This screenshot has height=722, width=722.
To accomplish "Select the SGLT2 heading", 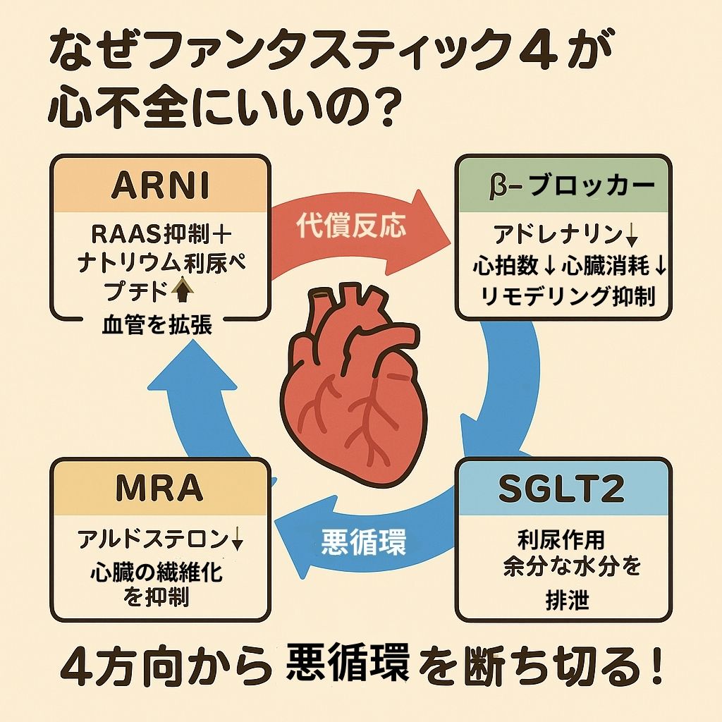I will (562, 488).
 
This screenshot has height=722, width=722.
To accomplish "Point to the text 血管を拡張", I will (157, 326).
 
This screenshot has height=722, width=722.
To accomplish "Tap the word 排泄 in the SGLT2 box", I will (562, 601).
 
